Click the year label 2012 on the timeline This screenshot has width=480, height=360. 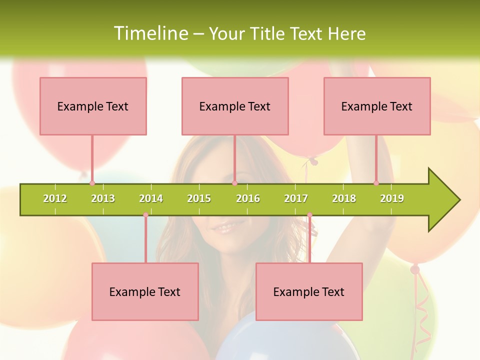click(55, 198)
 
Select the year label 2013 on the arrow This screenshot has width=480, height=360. click(103, 198)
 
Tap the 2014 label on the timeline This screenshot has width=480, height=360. click(151, 198)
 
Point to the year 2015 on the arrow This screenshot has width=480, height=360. click(199, 198)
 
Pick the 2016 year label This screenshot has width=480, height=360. click(248, 198)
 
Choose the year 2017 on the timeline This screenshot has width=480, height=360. click(296, 198)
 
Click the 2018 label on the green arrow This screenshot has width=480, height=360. click(344, 198)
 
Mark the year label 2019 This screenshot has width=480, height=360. click(392, 198)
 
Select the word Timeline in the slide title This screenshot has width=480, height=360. click(150, 33)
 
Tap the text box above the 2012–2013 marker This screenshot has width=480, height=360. click(93, 106)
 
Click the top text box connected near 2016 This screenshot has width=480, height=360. click(235, 106)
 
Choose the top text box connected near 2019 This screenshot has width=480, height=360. click(377, 106)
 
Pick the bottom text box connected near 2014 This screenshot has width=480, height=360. click(145, 291)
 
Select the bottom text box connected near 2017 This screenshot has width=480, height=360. click(309, 291)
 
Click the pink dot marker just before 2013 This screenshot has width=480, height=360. click(92, 183)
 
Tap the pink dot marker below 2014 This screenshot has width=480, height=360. click(145, 215)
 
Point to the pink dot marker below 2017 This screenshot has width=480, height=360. click(309, 215)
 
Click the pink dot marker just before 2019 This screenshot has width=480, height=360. click(376, 183)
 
